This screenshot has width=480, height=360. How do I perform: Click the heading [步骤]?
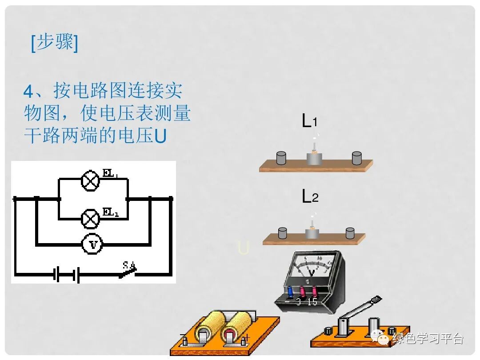click(x=54, y=43)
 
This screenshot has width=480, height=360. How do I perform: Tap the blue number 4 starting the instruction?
click(x=28, y=92)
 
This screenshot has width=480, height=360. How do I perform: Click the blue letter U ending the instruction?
click(x=160, y=136)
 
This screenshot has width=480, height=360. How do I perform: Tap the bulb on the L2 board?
click(x=312, y=222)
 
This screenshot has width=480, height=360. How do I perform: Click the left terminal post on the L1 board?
click(x=281, y=157)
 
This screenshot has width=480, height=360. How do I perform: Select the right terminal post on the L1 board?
click(x=356, y=157)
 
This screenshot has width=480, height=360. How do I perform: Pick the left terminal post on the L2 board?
click(x=282, y=232)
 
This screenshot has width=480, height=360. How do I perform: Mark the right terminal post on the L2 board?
click(x=350, y=232)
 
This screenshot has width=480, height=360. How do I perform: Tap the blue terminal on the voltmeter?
click(x=291, y=291)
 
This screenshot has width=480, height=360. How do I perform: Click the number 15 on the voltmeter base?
click(x=312, y=302)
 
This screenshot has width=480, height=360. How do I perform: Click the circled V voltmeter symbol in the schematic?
click(x=92, y=244)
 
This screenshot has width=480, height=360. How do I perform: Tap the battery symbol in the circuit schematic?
click(x=67, y=274)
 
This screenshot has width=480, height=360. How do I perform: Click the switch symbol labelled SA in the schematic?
click(x=128, y=270)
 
